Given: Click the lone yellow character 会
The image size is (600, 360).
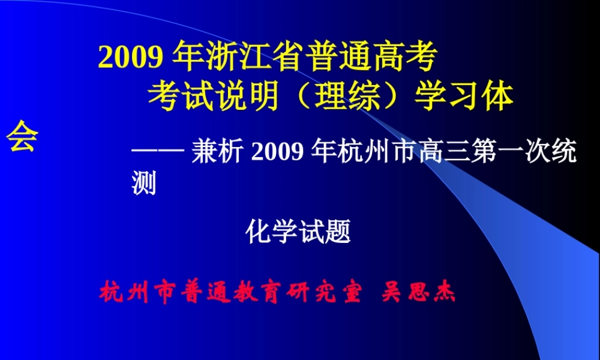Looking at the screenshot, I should [x=22, y=137].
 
